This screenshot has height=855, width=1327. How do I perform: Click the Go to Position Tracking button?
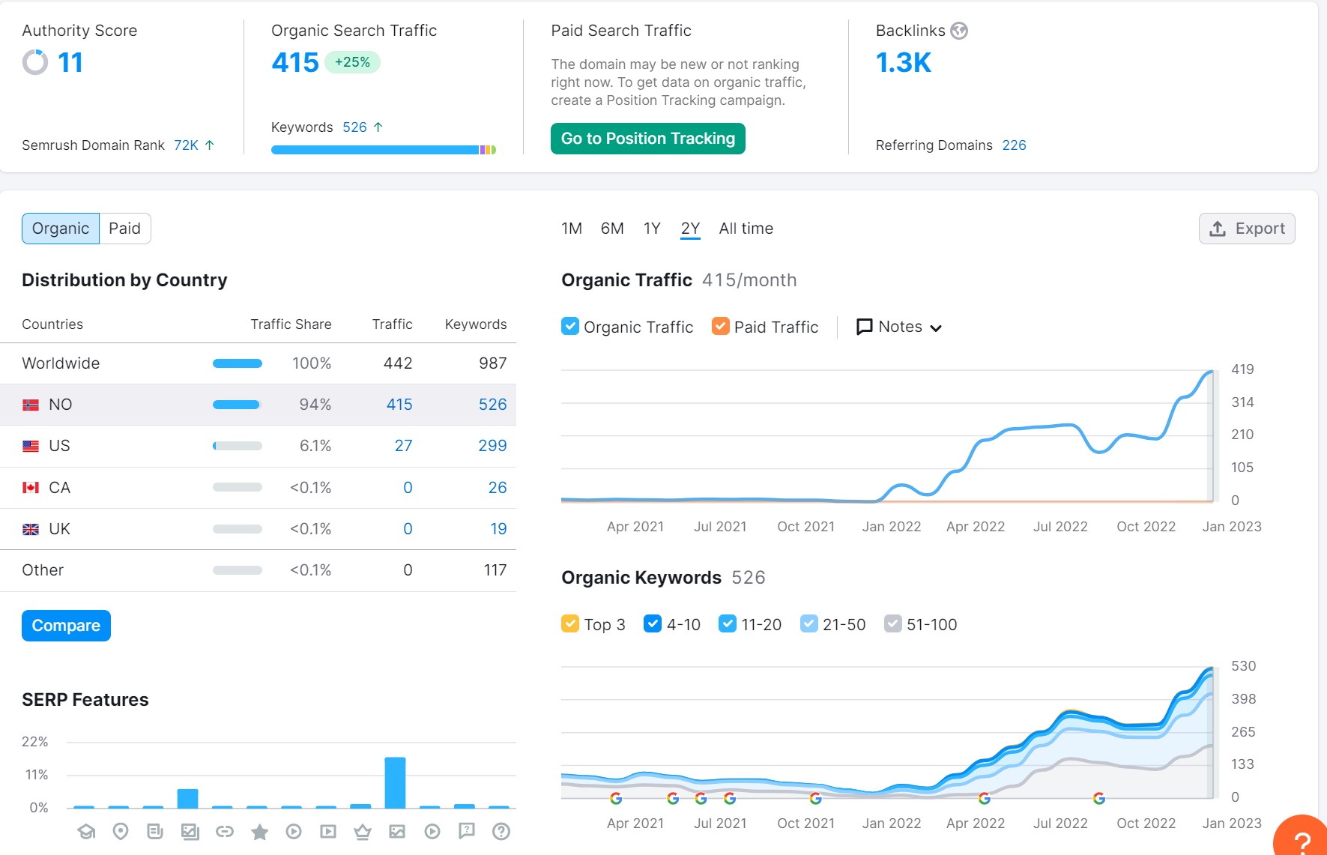[x=647, y=139]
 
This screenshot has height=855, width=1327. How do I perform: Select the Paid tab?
[x=124, y=229]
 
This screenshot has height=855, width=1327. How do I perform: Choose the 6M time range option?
[x=612, y=229]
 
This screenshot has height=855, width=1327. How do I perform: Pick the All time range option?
[x=746, y=229]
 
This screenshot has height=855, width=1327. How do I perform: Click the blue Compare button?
[x=66, y=626]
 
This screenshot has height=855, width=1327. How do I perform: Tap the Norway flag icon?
[x=31, y=405]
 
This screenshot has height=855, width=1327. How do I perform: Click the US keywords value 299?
[x=492, y=446]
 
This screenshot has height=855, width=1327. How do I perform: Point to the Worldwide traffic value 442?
[x=398, y=363]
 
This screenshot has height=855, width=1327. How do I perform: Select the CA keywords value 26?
[x=498, y=488]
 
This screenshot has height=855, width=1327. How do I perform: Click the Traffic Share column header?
[x=291, y=324]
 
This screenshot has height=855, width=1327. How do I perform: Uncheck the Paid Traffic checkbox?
[x=721, y=326]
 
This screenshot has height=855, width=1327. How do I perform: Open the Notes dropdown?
[x=899, y=327]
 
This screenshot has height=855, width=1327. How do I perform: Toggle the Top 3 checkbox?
[x=570, y=623]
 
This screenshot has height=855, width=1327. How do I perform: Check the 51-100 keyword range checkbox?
[x=892, y=623]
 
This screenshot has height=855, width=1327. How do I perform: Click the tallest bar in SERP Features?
[x=395, y=782]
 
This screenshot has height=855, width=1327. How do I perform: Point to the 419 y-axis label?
[x=1242, y=369]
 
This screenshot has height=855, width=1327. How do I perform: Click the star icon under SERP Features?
[x=259, y=832]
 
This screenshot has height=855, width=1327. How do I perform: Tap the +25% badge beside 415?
[x=352, y=62]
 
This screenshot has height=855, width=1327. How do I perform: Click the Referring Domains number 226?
[x=1014, y=145]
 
